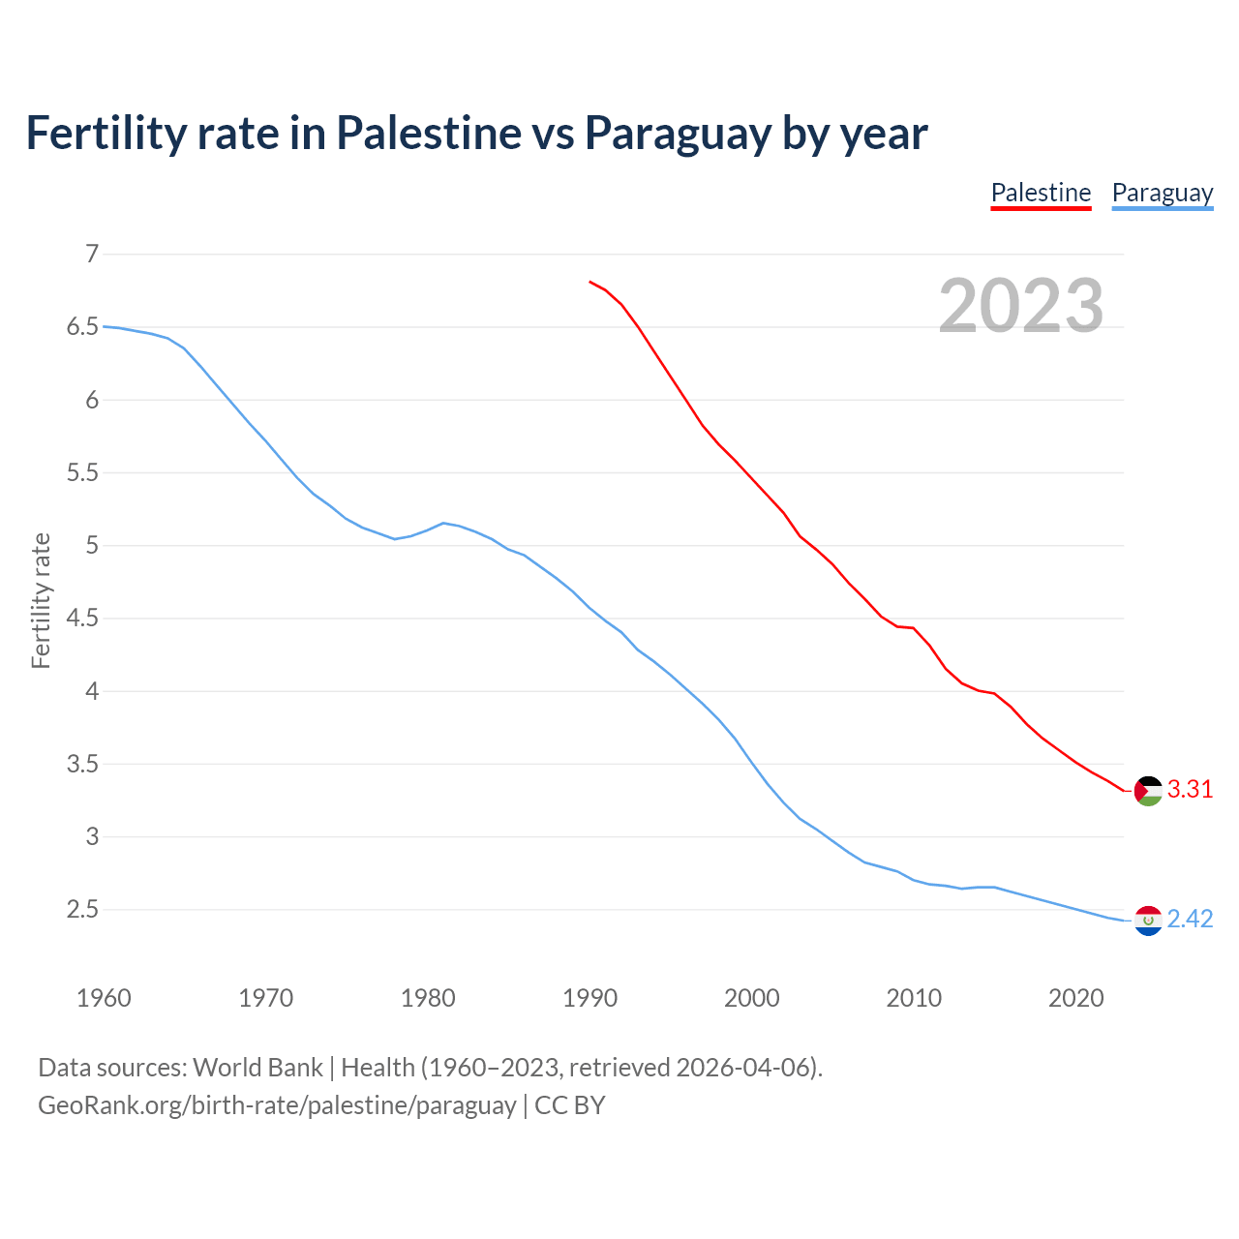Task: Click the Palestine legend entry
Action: pos(1041,193)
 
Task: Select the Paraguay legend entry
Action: pos(1162,193)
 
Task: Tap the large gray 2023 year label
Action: pos(1021,306)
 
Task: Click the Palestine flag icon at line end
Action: pos(1148,791)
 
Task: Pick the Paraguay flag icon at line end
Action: pos(1148,921)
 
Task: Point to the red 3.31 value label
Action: pos(1190,790)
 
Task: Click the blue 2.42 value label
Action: pos(1190,920)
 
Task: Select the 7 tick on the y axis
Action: pos(93,255)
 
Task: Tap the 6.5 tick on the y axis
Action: pos(83,327)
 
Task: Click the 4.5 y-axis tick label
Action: pos(83,619)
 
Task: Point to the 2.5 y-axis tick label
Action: pos(83,910)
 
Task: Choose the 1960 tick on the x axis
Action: pos(104,998)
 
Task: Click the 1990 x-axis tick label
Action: pos(589,998)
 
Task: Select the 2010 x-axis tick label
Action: pos(914,998)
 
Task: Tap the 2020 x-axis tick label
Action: pos(1075,998)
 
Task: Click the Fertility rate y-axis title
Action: pos(41,600)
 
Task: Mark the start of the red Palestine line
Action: pos(589,282)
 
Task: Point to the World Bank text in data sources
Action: pos(257,1068)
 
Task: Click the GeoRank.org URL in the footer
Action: pos(277,1105)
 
